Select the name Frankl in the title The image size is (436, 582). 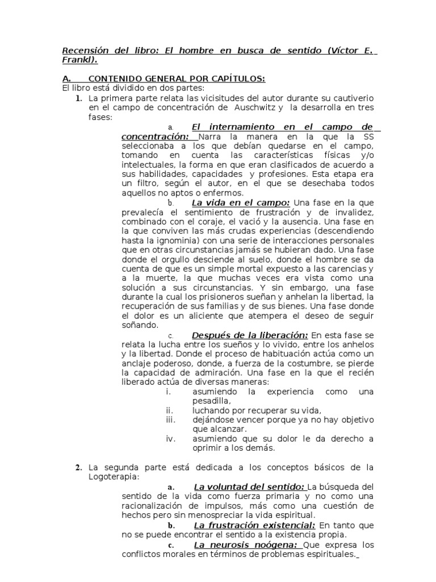click(x=78, y=60)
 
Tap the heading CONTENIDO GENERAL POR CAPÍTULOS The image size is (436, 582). click(x=177, y=79)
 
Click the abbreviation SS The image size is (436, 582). click(x=368, y=137)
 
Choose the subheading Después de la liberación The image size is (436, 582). click(x=250, y=335)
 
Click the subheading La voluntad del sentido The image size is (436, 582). click(x=250, y=487)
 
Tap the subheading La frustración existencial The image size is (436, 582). click(x=254, y=525)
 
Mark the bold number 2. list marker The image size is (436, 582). click(x=79, y=468)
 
